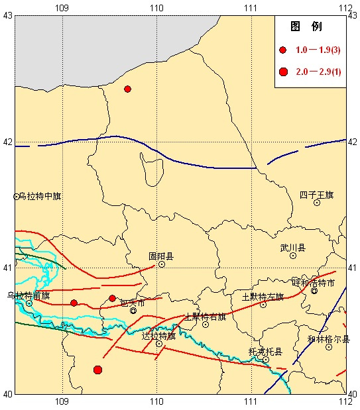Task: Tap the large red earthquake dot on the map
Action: (97, 370)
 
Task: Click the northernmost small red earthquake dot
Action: (127, 89)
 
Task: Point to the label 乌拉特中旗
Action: (40, 196)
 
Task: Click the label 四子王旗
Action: (316, 195)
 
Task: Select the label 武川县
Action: (292, 248)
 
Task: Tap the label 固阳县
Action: (160, 256)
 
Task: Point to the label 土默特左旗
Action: (263, 296)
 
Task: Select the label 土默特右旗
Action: (205, 316)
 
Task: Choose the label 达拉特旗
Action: (159, 336)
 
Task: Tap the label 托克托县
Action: (265, 351)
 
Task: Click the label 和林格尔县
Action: (329, 338)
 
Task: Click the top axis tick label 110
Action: (156, 7)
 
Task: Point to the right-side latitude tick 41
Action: (352, 268)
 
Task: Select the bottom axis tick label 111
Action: (251, 401)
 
